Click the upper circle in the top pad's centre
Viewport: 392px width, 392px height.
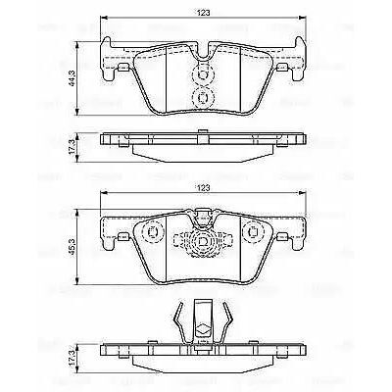point(203,73)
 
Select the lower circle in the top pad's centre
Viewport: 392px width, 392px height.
point(203,95)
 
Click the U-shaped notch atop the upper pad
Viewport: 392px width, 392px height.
point(203,49)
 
